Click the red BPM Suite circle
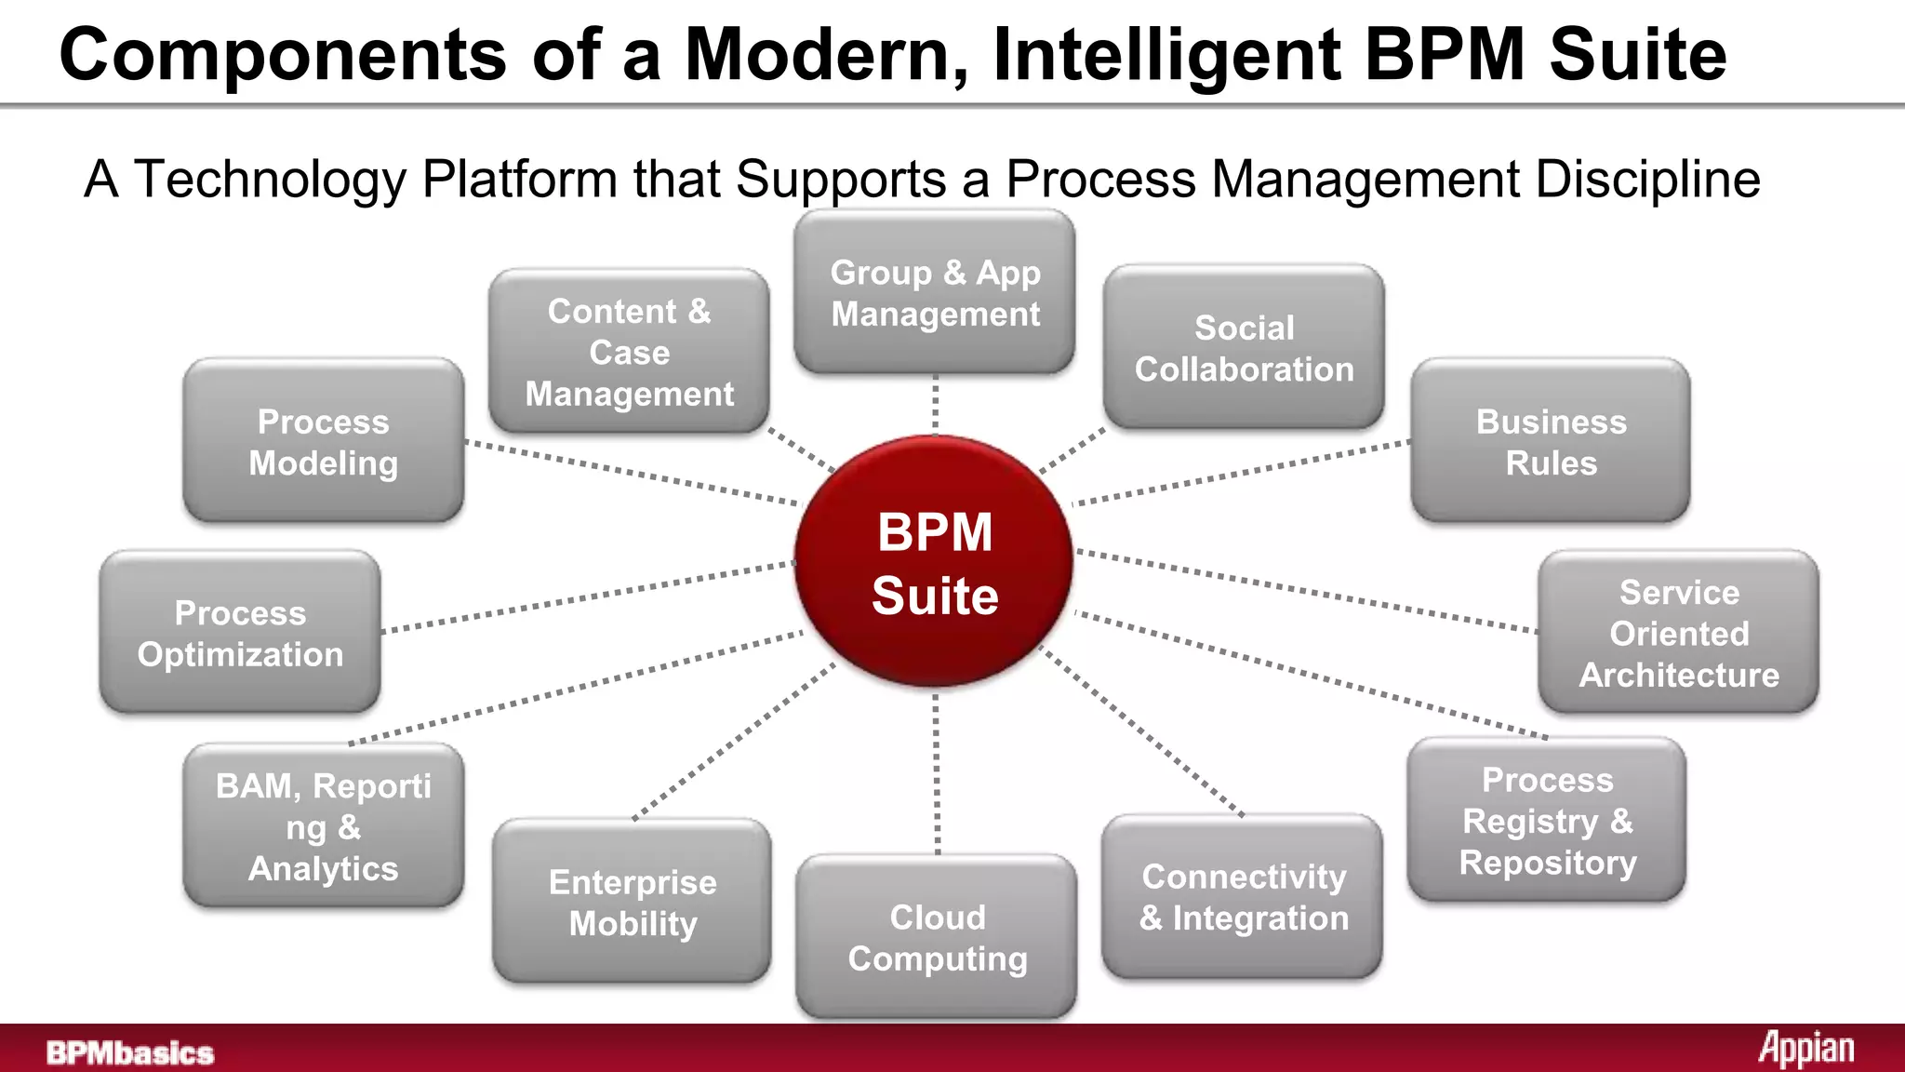click(x=935, y=562)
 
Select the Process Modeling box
click(x=323, y=441)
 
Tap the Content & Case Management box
click(x=629, y=352)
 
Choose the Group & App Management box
click(x=935, y=292)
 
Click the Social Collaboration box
click(x=1244, y=348)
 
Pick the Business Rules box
click(x=1551, y=441)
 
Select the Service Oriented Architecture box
click(x=1678, y=633)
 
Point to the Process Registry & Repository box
click(x=1547, y=821)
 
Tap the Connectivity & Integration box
click(x=1243, y=897)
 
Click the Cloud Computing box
click(x=937, y=937)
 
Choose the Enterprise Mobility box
click(x=633, y=902)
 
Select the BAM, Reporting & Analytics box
click(x=323, y=826)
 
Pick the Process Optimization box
click(x=240, y=633)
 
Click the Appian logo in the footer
click(x=1805, y=1049)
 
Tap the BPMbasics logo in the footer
click(x=130, y=1052)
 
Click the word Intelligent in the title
click(x=1166, y=56)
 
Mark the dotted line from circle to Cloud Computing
click(x=937, y=772)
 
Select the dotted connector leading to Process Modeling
click(x=633, y=473)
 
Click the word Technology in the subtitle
click(x=271, y=179)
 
